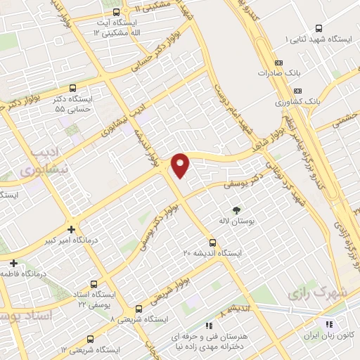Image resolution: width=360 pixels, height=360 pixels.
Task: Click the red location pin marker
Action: [x=181, y=165]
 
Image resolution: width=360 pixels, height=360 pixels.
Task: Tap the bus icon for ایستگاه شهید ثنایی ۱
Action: [x=319, y=29]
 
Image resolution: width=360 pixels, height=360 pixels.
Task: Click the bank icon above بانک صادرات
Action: [x=298, y=60]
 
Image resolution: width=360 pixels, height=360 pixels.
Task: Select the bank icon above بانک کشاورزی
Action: [x=297, y=91]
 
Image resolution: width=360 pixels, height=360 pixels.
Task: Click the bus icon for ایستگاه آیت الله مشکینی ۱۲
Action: [x=117, y=11]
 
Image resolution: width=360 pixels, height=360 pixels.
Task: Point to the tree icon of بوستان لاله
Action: [x=236, y=210]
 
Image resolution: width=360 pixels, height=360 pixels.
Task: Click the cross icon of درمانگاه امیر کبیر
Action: [x=70, y=229]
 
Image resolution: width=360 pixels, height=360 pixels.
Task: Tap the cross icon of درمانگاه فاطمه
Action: [x=13, y=262]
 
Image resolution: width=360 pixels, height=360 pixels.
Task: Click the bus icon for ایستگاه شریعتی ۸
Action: [x=139, y=308]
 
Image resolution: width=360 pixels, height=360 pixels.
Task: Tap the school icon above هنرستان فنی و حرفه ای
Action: [x=208, y=326]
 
